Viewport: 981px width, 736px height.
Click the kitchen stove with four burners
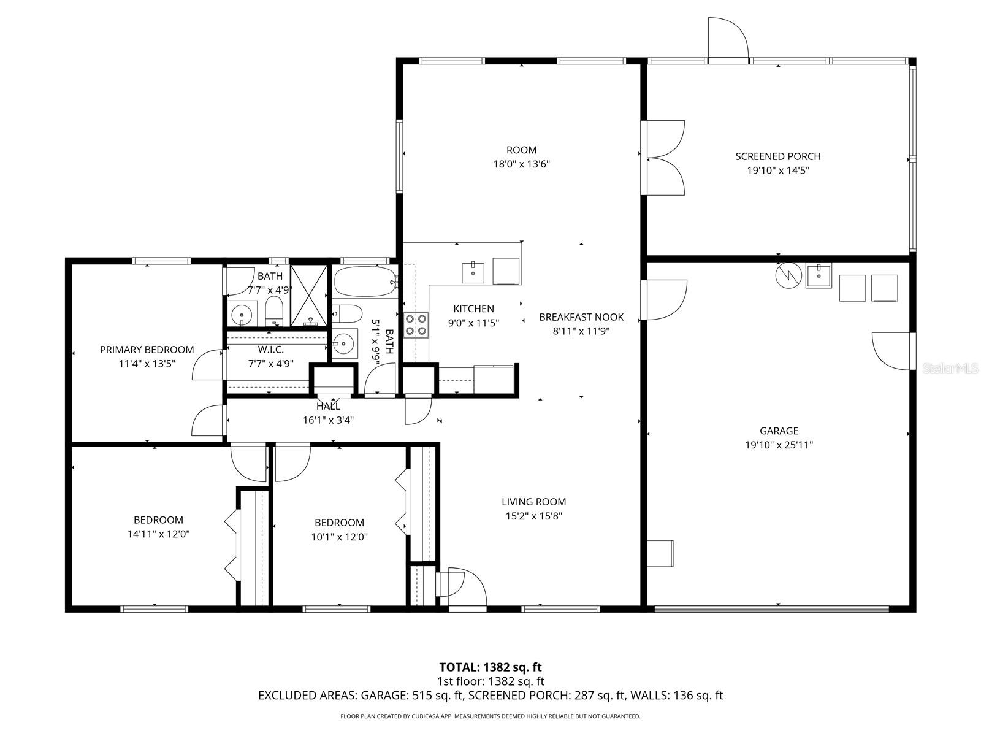click(416, 324)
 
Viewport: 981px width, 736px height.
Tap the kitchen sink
click(473, 272)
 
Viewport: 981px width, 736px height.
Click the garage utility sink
click(818, 276)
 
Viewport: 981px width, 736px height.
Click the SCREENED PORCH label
click(777, 156)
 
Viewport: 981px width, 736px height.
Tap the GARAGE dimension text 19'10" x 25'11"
click(779, 445)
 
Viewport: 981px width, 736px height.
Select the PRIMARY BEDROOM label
click(147, 350)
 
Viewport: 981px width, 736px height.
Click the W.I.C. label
click(270, 350)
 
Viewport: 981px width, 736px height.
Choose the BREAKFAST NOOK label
click(581, 317)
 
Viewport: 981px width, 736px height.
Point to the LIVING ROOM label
click(533, 502)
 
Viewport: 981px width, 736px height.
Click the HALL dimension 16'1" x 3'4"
click(328, 420)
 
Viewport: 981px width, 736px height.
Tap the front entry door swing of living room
click(466, 588)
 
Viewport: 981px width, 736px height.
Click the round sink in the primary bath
click(243, 315)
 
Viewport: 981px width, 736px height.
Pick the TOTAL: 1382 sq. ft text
click(490, 667)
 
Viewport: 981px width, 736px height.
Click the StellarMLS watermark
click(950, 368)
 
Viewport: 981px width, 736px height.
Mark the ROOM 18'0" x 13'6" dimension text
click(521, 164)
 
